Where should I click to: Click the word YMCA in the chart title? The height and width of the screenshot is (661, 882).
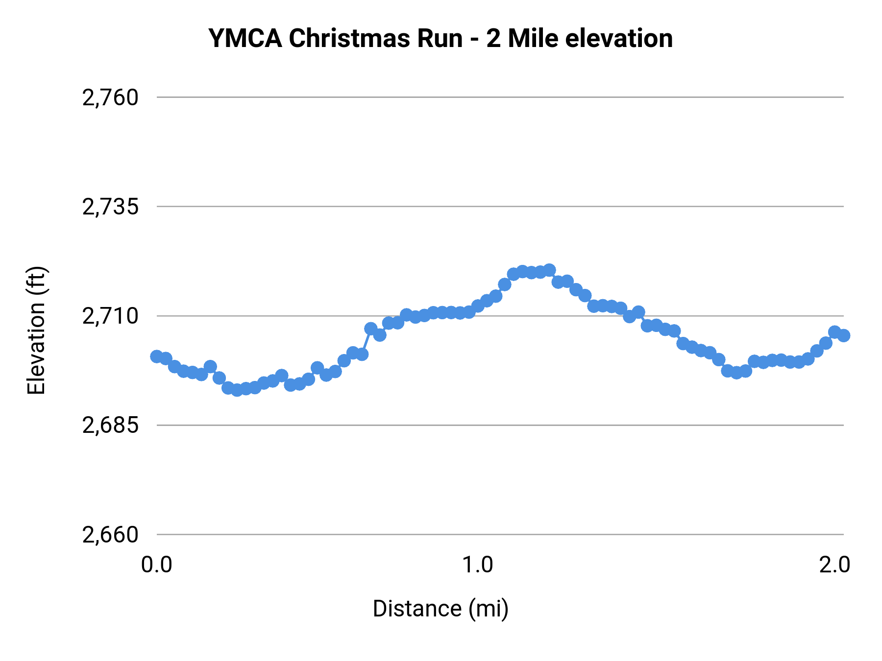(x=245, y=38)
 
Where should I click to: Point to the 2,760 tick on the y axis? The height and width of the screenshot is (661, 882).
(x=110, y=97)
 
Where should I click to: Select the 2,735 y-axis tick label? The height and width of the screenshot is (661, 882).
(x=110, y=207)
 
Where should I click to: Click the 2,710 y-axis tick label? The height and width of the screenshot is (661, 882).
(x=110, y=316)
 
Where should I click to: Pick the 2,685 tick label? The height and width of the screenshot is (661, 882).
(x=110, y=425)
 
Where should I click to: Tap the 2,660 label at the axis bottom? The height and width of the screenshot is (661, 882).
(x=110, y=534)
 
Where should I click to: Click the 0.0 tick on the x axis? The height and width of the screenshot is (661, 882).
(x=156, y=565)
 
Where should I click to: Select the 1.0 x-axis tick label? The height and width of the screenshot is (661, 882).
(x=478, y=565)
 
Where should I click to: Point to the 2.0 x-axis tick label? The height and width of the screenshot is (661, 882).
(x=834, y=565)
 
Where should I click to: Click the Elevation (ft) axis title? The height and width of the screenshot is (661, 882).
(x=36, y=330)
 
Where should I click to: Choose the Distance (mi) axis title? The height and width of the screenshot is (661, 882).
(x=441, y=609)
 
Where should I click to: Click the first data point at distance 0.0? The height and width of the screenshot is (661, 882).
(x=157, y=356)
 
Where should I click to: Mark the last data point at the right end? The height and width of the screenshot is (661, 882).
(x=843, y=335)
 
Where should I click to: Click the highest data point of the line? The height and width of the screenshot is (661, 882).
(x=549, y=270)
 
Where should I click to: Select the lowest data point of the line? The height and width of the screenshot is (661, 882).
(x=237, y=390)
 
